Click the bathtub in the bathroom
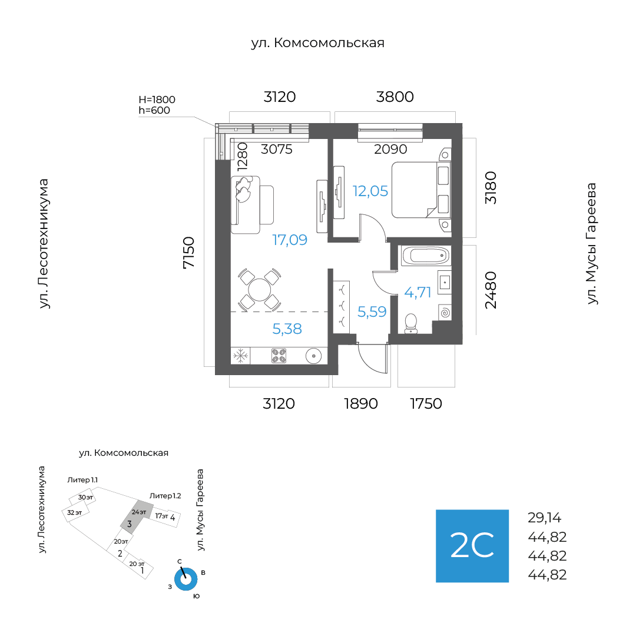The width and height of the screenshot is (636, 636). point(425,256)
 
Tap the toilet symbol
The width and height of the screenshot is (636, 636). point(411,322)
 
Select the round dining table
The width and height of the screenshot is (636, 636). point(259,289)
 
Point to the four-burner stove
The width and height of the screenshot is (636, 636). point(279,355)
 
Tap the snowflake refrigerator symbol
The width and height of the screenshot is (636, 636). point(240,355)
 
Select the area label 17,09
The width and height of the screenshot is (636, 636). point(289,240)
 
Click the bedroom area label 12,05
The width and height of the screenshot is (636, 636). point(370,191)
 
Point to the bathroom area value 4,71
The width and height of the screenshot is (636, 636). point(418,291)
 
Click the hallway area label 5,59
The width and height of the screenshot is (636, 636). point(372,312)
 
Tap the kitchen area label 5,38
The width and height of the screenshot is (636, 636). point(287,329)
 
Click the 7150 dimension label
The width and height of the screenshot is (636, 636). point(188,253)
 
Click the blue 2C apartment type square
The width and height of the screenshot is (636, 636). point(472,546)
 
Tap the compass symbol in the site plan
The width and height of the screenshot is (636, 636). point(186,578)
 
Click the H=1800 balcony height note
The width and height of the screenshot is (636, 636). point(157,100)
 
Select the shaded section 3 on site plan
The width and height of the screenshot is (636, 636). point(133,516)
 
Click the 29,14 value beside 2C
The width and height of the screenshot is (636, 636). point(545,518)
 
